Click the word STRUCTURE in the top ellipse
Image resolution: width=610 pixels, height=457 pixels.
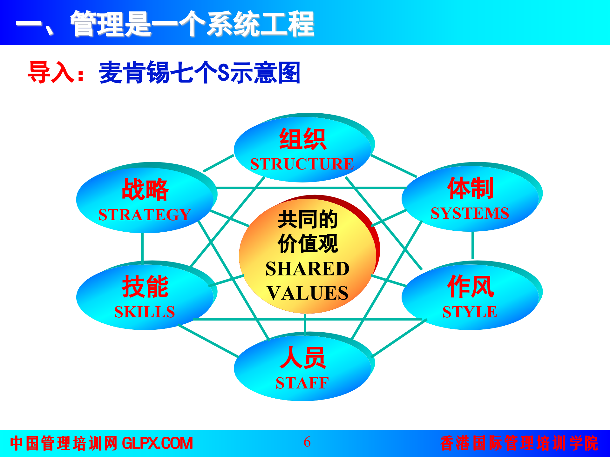click(302, 164)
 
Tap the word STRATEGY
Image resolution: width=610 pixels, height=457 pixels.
click(145, 215)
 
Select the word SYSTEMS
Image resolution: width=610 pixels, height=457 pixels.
click(470, 213)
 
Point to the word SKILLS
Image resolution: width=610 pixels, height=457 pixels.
click(145, 312)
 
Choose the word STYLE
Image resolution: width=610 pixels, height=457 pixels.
click(470, 312)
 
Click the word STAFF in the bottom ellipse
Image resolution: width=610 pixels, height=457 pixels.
click(302, 383)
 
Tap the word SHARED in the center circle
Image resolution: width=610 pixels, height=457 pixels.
click(307, 269)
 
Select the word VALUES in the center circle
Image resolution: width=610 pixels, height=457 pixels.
click(307, 293)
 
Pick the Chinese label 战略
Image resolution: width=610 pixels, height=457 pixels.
click(145, 189)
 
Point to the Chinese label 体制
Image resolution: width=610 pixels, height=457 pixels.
click(470, 188)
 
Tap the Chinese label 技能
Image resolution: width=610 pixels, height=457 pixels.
click(145, 287)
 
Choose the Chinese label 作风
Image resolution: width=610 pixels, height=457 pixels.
click(470, 287)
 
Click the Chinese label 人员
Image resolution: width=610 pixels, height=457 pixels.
click(302, 358)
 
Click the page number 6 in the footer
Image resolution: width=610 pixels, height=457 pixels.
click(307, 442)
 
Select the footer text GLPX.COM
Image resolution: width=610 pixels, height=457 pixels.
click(157, 443)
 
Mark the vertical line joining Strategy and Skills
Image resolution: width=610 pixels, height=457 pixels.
click(142, 248)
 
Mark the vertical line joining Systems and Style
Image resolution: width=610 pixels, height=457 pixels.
click(473, 245)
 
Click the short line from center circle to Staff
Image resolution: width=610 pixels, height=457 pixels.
click(305, 324)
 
